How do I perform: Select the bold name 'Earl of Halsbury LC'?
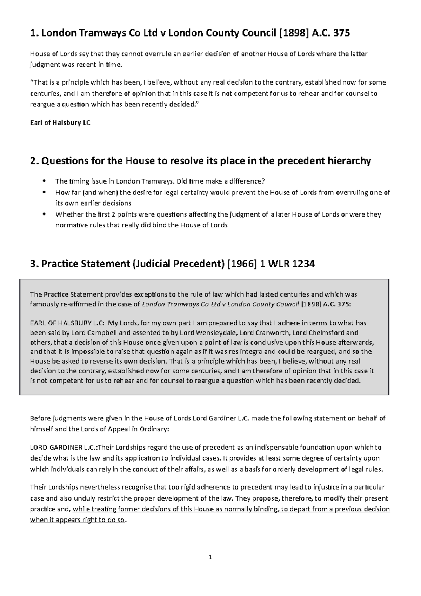tap(60, 123)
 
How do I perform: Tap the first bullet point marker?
tap(44, 181)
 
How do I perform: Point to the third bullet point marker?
tap(44, 214)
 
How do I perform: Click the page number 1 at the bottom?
tap(210, 557)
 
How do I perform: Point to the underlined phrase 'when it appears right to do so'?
tap(77, 520)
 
